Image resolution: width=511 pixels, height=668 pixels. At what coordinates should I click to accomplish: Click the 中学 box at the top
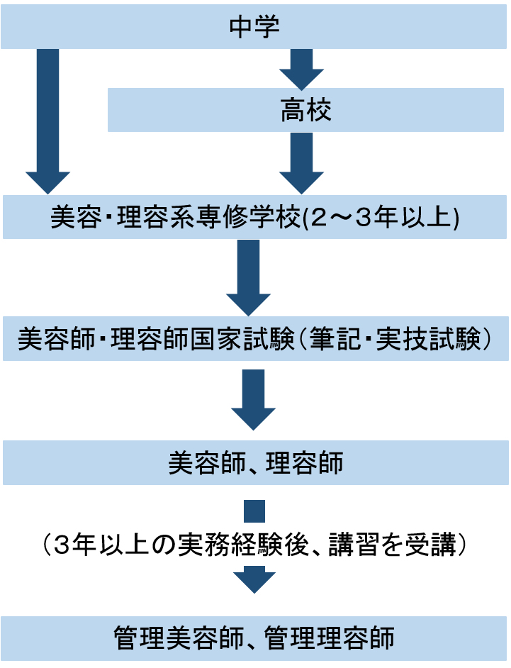click(x=255, y=27)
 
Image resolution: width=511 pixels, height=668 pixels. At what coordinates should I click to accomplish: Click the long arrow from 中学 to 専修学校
click(x=47, y=121)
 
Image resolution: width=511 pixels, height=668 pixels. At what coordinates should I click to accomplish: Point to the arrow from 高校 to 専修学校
click(x=301, y=163)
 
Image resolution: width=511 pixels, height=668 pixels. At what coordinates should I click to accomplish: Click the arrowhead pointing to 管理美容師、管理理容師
click(x=253, y=581)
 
